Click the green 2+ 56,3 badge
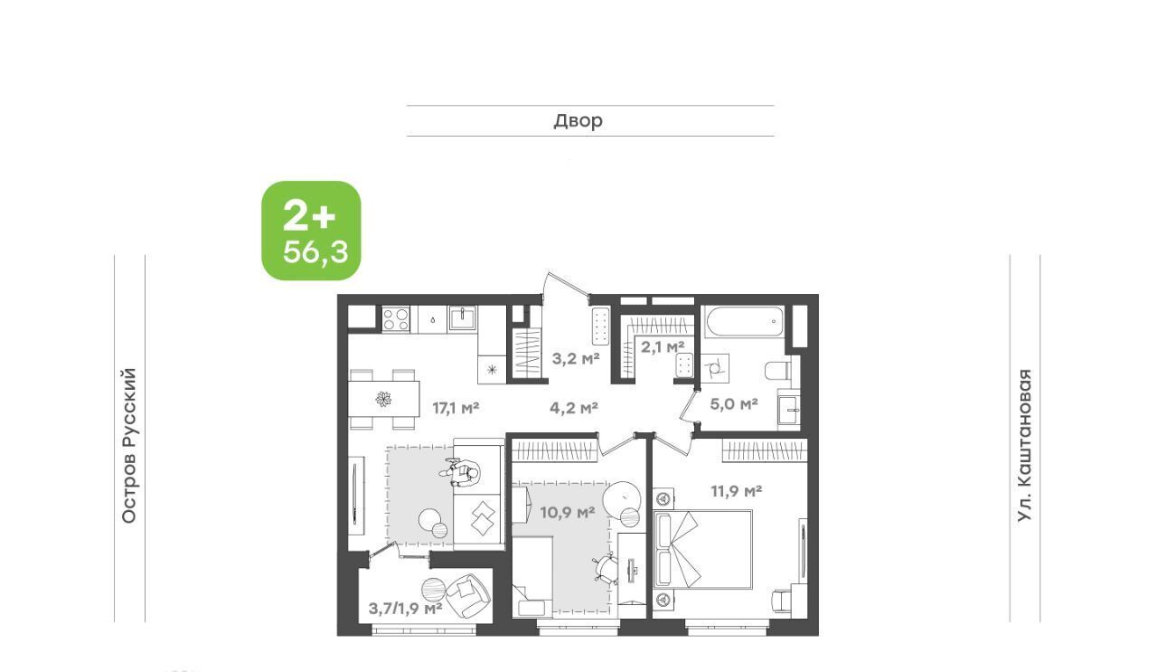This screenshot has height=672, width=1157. [x=311, y=231]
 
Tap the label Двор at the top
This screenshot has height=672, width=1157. [x=578, y=121]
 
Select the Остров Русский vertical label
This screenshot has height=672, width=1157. [x=129, y=446]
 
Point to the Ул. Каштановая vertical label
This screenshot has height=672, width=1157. [x=1024, y=446]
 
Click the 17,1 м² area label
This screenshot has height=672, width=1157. [x=456, y=409]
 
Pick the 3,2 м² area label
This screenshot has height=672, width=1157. [x=576, y=358]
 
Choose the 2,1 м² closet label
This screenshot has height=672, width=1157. [x=663, y=346]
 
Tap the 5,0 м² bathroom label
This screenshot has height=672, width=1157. [x=734, y=403]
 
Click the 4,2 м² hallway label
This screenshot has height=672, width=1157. [x=574, y=409]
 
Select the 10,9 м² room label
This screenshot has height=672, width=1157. [x=568, y=513]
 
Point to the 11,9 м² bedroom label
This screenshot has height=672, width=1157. [x=737, y=490]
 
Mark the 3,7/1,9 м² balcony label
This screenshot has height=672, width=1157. [x=406, y=608]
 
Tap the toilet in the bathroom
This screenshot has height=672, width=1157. [x=777, y=371]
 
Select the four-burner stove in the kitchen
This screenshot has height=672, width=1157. [x=396, y=317]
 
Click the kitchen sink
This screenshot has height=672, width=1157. [x=463, y=317]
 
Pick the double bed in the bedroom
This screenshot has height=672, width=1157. [x=702, y=550]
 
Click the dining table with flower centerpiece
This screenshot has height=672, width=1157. [x=383, y=399]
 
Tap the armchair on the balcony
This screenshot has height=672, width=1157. [x=467, y=596]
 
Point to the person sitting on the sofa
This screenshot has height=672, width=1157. [x=461, y=472]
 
